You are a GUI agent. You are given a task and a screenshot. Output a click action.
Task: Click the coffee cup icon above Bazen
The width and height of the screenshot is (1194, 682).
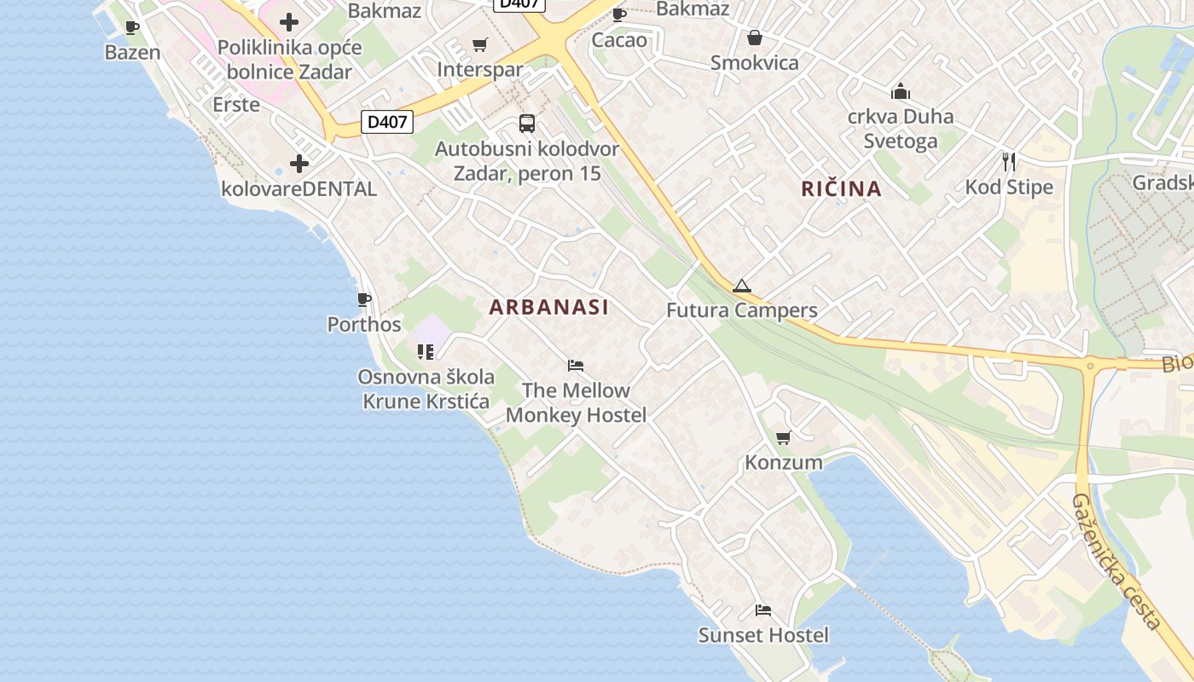[132, 27]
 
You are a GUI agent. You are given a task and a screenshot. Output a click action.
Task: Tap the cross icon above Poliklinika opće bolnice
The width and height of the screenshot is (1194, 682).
[289, 22]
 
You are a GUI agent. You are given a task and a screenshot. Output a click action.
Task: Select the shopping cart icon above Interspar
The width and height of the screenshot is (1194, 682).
[480, 44]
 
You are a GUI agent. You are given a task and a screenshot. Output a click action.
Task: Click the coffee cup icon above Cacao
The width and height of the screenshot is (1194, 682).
[619, 14]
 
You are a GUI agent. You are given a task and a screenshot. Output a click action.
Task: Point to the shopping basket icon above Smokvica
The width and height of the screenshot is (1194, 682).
[755, 38]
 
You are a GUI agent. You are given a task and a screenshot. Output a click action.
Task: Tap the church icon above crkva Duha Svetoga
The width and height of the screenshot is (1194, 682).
[900, 91]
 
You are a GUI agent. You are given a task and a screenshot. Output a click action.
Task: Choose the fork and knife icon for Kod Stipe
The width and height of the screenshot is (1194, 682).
[1009, 162]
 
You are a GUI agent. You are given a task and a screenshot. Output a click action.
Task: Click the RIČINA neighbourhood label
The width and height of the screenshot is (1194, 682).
[841, 189]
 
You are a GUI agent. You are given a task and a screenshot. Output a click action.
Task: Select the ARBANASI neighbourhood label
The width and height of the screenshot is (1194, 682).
[549, 308]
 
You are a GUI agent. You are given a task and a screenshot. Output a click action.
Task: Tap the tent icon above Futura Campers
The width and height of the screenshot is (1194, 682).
[741, 286]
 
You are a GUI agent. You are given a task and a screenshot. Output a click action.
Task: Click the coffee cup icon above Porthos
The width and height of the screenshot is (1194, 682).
[364, 299]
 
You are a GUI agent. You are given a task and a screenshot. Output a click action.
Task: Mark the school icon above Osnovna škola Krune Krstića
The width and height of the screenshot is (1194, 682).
[426, 351]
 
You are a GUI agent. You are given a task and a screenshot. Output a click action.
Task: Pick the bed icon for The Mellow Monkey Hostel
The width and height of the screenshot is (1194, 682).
[576, 366]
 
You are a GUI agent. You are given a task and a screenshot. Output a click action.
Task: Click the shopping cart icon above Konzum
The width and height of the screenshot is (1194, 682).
[783, 438]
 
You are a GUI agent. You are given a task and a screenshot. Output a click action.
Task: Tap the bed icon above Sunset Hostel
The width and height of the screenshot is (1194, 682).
[763, 610]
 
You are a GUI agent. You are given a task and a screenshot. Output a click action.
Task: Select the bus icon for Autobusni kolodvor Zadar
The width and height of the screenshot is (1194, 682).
[527, 124]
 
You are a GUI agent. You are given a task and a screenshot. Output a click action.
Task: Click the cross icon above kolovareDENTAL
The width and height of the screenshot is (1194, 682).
[298, 164]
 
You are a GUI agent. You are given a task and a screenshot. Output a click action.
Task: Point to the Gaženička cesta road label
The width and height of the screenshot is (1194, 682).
[1116, 563]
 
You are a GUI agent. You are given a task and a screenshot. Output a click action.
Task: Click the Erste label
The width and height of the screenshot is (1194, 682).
[236, 105]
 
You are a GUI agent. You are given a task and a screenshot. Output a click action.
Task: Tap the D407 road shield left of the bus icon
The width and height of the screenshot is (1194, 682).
[387, 122]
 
